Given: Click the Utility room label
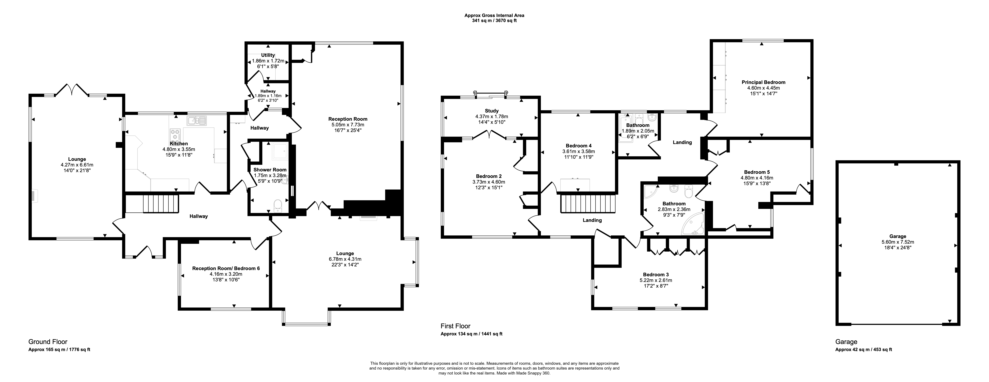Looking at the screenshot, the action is click(268, 55).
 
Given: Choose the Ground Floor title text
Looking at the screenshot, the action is click(48, 342).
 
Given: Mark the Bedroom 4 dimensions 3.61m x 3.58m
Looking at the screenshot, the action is click(579, 151).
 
